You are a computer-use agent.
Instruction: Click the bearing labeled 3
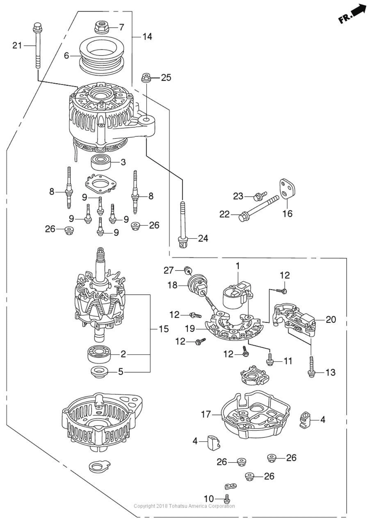click(101, 162)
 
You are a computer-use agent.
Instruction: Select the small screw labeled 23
click(259, 197)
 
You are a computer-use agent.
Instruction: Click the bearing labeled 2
click(99, 354)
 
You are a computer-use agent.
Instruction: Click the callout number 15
click(164, 329)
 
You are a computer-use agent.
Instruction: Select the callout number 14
click(147, 36)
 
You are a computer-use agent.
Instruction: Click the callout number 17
click(206, 414)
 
